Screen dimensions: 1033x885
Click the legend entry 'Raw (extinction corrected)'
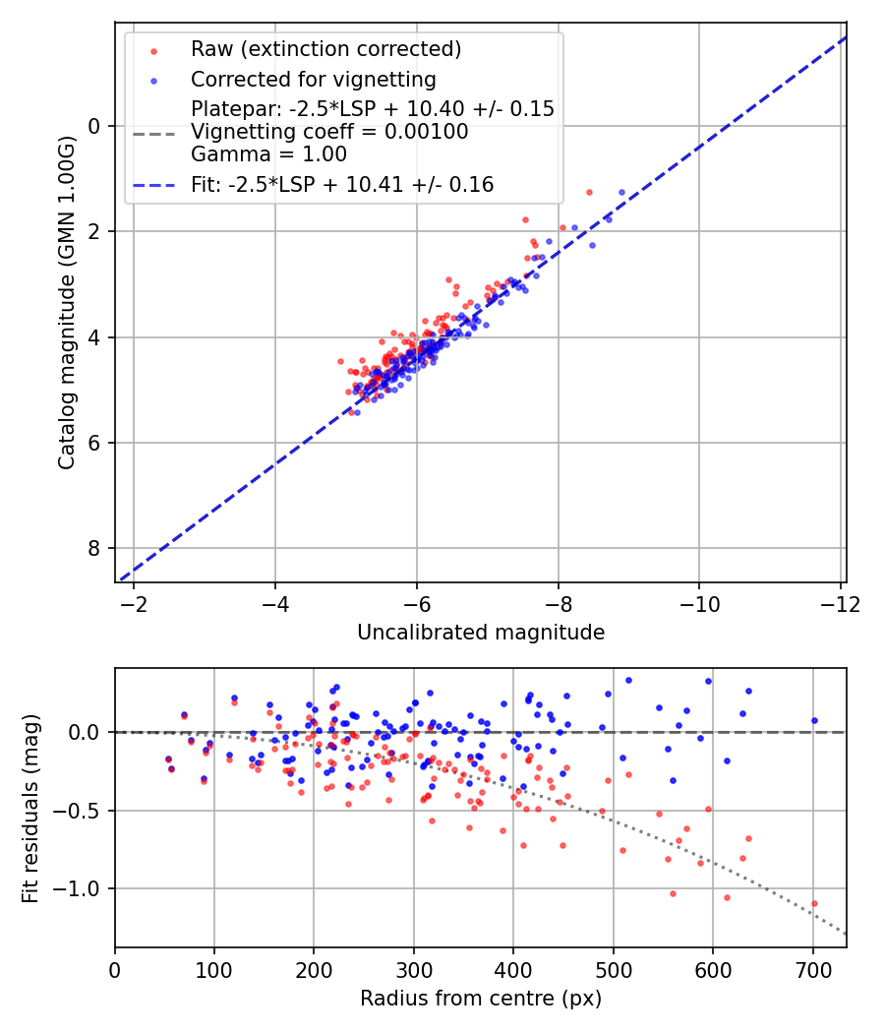click(x=325, y=49)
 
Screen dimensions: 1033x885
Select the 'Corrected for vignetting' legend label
click(x=313, y=79)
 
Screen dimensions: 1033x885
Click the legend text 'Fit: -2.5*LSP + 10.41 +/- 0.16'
click(x=342, y=184)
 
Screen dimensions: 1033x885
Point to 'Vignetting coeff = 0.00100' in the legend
click(x=329, y=132)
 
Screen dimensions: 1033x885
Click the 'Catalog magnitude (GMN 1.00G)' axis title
click(x=66, y=302)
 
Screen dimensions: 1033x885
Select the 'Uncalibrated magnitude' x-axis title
click(x=480, y=633)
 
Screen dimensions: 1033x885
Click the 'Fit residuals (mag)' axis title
click(x=30, y=808)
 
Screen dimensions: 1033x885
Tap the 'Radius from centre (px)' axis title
click(x=480, y=999)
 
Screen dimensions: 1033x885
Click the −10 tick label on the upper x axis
click(x=699, y=603)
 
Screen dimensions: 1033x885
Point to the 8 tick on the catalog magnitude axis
click(x=95, y=548)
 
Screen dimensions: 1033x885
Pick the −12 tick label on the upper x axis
click(x=840, y=603)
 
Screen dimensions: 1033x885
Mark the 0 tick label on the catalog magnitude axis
click(x=95, y=126)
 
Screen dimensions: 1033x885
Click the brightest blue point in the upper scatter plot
click(x=621, y=193)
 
